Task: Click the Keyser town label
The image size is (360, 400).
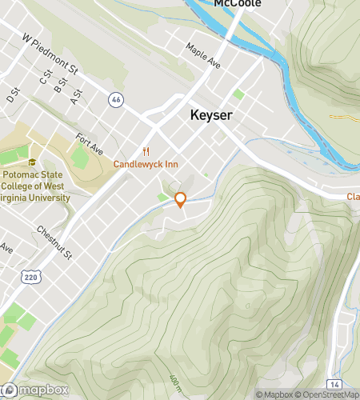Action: tap(211, 116)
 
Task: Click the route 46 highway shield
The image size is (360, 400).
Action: tap(117, 99)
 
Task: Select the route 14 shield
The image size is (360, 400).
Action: tap(334, 385)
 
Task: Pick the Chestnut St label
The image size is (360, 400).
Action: tap(54, 243)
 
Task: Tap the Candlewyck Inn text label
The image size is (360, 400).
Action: tap(145, 164)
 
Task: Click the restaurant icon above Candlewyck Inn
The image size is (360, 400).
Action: tap(146, 151)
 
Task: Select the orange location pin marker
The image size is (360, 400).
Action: tap(181, 199)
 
